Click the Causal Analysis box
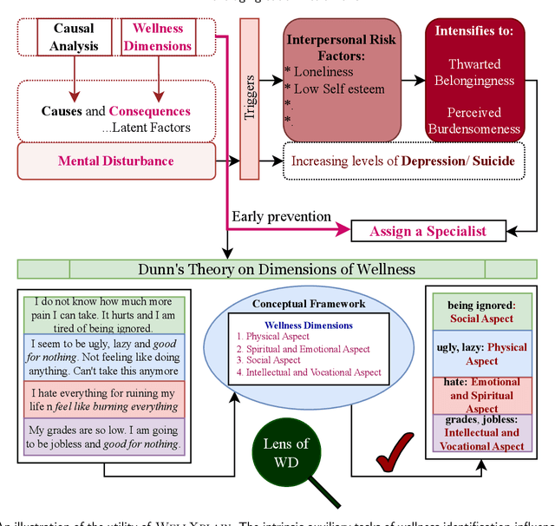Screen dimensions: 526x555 (74, 36)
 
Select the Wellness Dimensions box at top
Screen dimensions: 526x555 (159, 36)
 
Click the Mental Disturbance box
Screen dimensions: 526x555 (116, 161)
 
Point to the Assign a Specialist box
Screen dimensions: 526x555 (428, 231)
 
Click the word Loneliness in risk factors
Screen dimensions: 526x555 (324, 72)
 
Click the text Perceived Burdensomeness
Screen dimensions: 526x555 (474, 122)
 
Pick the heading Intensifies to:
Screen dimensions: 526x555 (474, 30)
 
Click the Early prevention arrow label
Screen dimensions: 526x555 (281, 215)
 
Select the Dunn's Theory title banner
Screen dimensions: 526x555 (277, 269)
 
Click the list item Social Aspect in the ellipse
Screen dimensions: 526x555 (273, 360)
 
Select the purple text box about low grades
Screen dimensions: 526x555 (104, 437)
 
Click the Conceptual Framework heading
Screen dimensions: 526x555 (309, 304)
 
